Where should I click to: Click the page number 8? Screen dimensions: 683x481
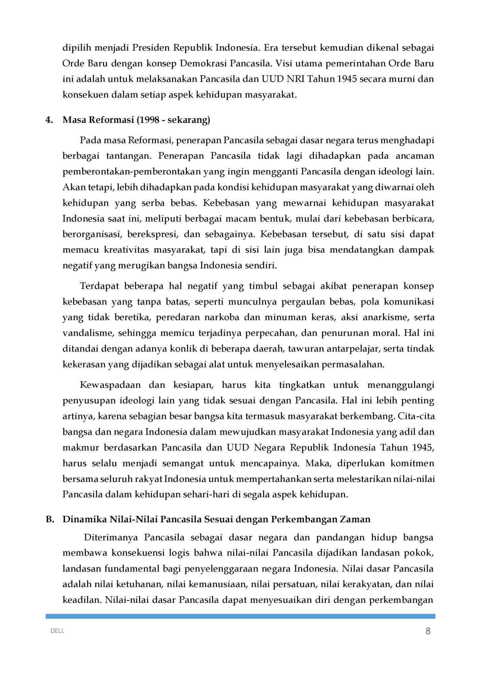click(x=428, y=631)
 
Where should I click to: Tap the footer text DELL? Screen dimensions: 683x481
click(x=57, y=631)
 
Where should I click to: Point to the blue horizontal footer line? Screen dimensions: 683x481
click(x=240, y=616)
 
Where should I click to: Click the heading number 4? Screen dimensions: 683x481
click(x=49, y=120)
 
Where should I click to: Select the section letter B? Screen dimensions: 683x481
click(x=50, y=519)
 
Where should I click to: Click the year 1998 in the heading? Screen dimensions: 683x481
click(x=148, y=120)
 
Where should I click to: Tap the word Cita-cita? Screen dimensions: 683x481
click(x=416, y=416)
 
